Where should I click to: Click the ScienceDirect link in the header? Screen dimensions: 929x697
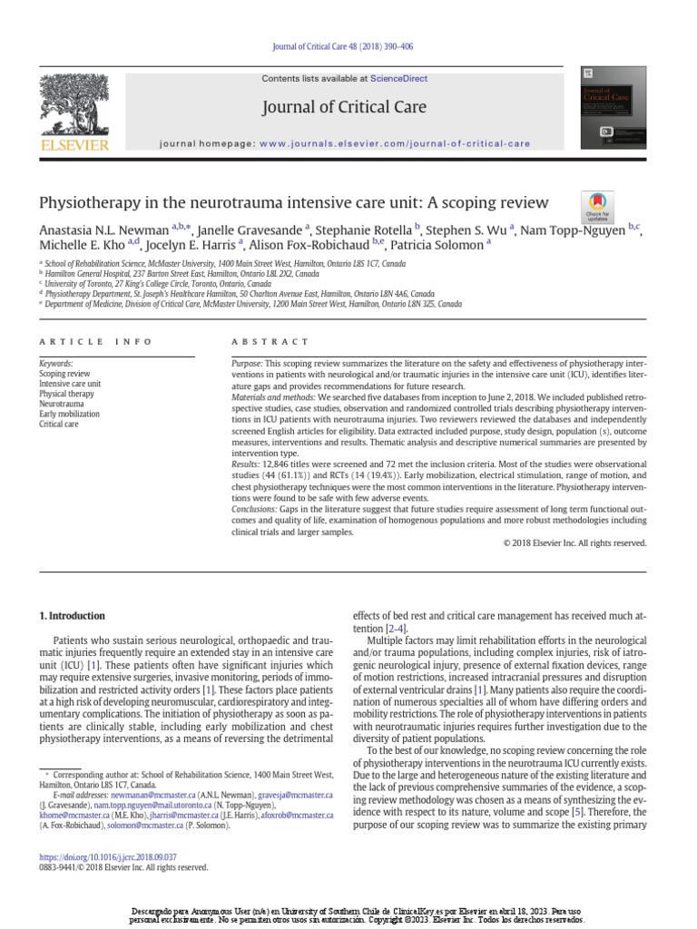(x=398, y=79)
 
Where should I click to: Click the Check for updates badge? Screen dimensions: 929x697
(x=596, y=208)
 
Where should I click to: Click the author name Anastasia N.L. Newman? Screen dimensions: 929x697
(x=103, y=230)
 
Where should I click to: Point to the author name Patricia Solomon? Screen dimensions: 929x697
(x=439, y=245)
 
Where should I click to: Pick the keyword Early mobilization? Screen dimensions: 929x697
(x=70, y=415)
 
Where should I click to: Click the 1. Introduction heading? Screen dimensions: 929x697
(x=73, y=616)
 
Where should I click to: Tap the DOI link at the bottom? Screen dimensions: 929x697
(x=108, y=856)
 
